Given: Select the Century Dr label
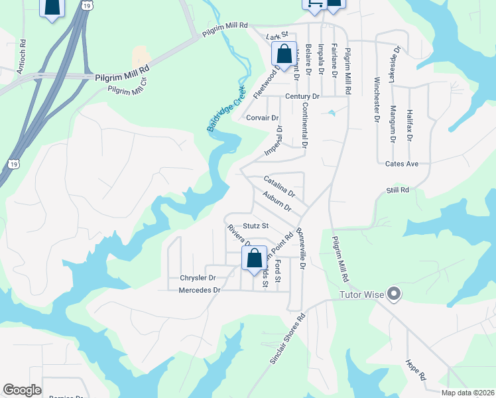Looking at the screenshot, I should (x=302, y=96).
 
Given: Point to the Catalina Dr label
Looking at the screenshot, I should (x=279, y=185).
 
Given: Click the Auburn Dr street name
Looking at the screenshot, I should (x=277, y=201).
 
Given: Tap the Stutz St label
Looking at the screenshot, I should (x=255, y=226).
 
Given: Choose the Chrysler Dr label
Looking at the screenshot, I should (x=198, y=278).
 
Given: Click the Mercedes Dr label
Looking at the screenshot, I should (x=199, y=290).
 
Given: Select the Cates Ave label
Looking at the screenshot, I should (x=402, y=164).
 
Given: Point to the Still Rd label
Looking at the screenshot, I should (x=398, y=190).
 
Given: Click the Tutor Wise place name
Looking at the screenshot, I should (x=362, y=295).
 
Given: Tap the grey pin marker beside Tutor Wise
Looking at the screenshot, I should (x=395, y=293).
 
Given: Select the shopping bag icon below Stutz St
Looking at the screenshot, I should (x=255, y=258).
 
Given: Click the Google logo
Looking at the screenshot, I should (x=22, y=390).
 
